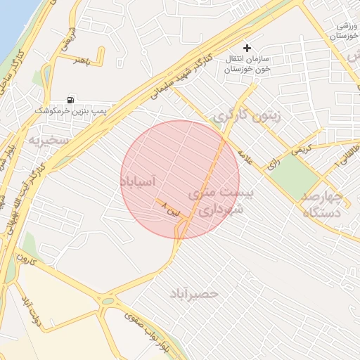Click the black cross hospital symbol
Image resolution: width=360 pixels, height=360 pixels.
coord(247,48)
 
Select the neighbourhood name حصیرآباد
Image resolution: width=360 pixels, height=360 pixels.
coord(194,292)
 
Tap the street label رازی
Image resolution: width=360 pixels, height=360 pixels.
coord(271,165)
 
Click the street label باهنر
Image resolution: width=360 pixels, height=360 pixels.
coord(84,60)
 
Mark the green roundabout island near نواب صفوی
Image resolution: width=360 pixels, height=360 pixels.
coord(107,300)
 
